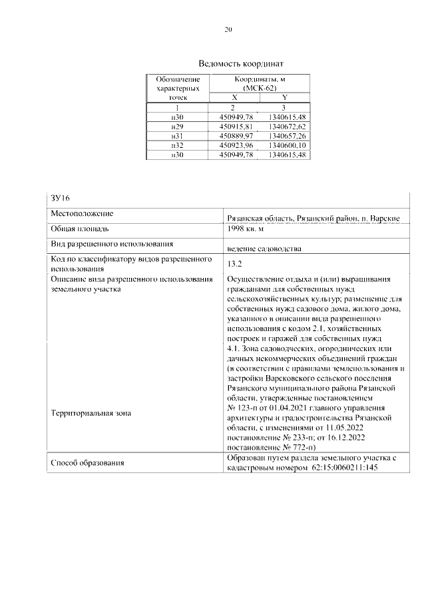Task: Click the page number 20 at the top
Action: tap(228, 29)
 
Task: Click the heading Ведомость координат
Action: tap(228, 65)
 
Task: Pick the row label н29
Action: tap(177, 126)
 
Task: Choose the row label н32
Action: tap(177, 145)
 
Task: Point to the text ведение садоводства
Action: tap(264, 249)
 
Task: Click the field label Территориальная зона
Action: tap(91, 413)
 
